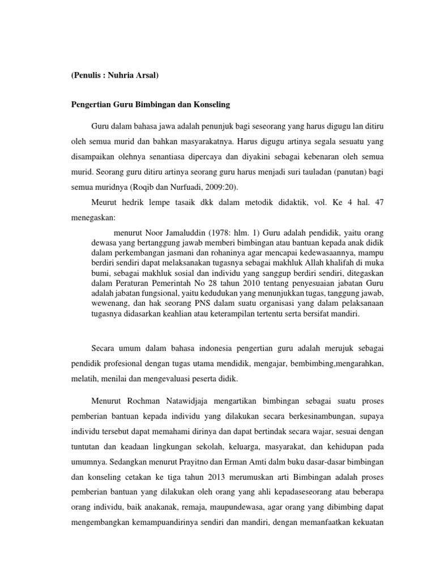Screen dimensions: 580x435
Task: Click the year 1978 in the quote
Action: click(x=224, y=232)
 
